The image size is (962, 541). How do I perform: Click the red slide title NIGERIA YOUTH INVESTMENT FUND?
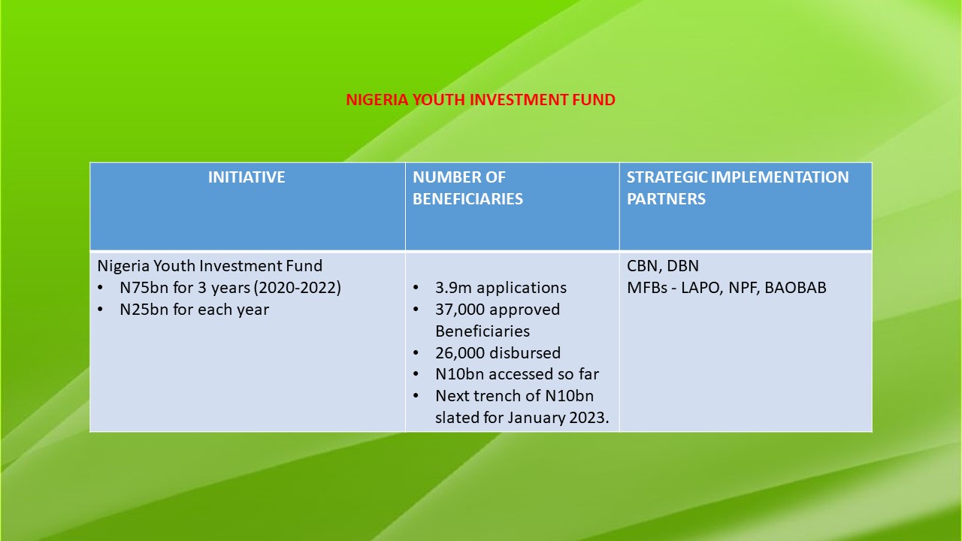coord(480,100)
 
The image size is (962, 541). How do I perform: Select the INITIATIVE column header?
coord(247,177)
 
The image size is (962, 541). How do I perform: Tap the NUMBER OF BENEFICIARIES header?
coord(467,188)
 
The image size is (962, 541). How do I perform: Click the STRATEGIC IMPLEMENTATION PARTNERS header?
coord(738,188)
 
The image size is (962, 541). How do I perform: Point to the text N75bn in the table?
coord(144,287)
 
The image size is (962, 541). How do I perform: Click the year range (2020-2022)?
coord(298,287)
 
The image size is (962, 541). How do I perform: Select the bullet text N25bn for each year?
coord(194,309)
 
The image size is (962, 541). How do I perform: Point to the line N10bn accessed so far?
coord(517,374)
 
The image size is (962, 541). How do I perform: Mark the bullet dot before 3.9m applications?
coord(416,288)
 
